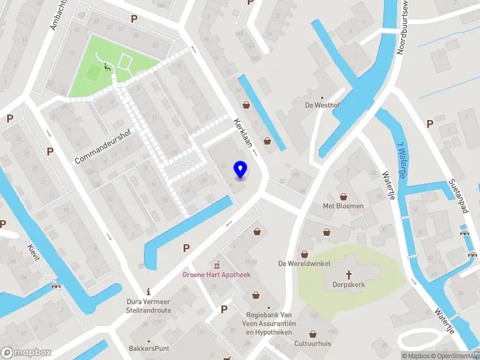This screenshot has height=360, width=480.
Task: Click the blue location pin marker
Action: point(240,170)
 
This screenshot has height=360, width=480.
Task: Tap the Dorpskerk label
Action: point(349,284)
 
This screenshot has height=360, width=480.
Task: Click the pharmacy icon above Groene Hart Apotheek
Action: point(217,264)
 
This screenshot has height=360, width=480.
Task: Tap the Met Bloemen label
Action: point(343,206)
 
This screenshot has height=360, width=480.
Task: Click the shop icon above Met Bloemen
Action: point(344,196)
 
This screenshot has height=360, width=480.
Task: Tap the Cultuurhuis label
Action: point(313,344)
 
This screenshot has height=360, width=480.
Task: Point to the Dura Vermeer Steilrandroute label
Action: point(148,305)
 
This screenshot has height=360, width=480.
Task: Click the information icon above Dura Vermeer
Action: point(148,291)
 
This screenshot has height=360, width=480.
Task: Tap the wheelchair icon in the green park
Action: point(108,68)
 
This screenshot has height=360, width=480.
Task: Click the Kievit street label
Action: point(33,252)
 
